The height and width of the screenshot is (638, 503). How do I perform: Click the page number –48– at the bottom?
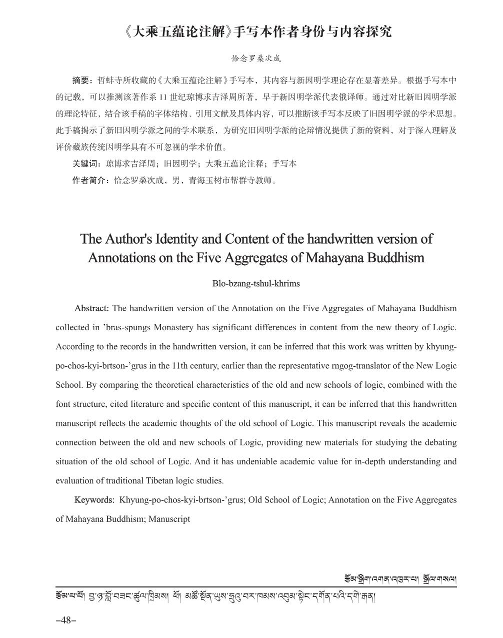[x=65, y=620]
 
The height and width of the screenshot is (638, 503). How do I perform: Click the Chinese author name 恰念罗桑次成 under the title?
[x=256, y=58]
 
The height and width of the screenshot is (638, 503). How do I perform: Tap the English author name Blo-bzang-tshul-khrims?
[x=256, y=284]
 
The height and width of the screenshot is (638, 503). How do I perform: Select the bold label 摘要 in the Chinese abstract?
[x=80, y=80]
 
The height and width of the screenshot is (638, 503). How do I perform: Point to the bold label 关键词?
[x=84, y=164]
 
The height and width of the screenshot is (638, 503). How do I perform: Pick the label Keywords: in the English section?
[x=94, y=500]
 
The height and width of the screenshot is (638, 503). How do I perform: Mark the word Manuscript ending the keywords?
[x=169, y=519]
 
